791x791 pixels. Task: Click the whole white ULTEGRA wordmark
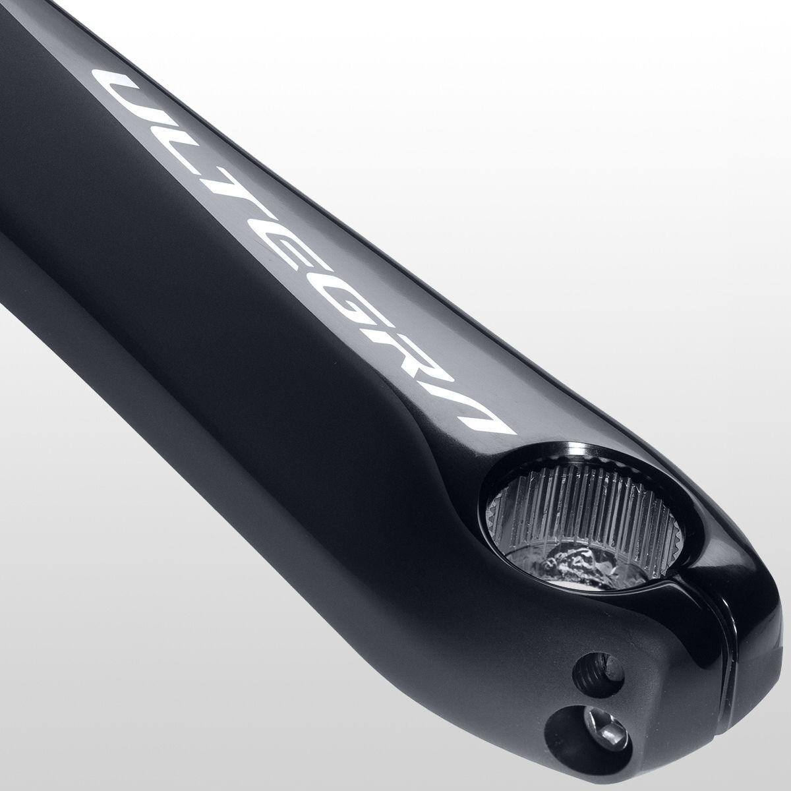(x=303, y=257)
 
